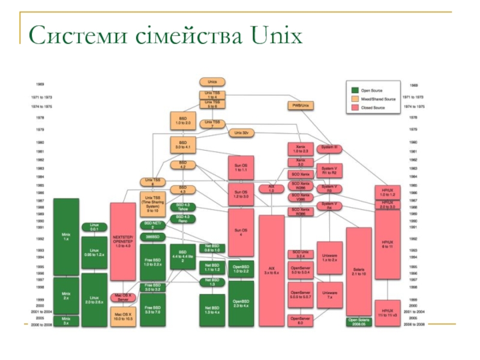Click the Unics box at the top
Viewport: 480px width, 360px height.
[x=212, y=82]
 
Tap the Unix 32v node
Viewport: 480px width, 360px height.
[x=242, y=132]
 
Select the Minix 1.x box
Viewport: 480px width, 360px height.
[x=66, y=236]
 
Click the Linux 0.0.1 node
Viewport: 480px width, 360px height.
[x=94, y=227]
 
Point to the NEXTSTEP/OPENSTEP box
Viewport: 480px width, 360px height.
[x=123, y=241]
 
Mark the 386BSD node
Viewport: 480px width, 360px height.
[x=152, y=237]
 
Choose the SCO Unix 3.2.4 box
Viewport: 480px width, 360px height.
[x=301, y=254]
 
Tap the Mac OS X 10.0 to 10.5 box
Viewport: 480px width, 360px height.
[x=123, y=316]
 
